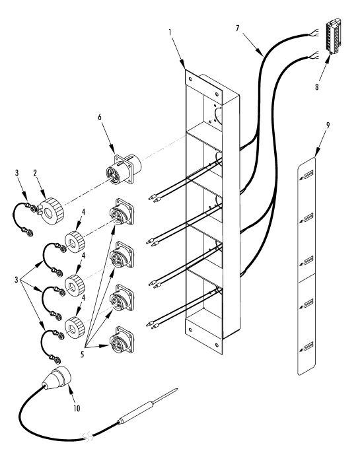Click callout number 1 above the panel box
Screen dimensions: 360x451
point(170,32)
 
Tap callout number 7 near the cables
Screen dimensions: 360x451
point(237,28)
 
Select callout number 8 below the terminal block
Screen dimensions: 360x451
point(317,87)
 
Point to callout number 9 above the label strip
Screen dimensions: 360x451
point(328,125)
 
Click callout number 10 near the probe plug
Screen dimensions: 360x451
point(77,408)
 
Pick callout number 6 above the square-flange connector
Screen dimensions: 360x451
point(100,117)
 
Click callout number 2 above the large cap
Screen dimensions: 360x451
point(35,173)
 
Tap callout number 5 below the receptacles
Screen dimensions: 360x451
point(83,355)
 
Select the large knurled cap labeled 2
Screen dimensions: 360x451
point(52,210)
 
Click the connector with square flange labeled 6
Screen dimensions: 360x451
point(124,169)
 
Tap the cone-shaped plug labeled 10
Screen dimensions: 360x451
point(57,378)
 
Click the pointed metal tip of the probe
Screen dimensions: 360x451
point(176,390)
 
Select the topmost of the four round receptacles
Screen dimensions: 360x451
point(122,212)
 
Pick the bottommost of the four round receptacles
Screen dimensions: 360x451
point(122,340)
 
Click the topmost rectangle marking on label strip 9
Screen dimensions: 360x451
point(308,174)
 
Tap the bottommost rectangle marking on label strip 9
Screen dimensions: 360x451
point(308,346)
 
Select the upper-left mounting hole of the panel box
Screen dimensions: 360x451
point(190,79)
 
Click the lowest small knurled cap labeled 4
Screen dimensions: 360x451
point(75,328)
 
